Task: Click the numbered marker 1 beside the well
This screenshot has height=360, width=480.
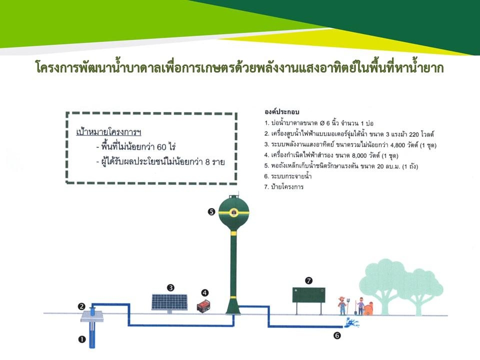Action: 81,339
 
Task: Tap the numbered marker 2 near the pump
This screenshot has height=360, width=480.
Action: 81,306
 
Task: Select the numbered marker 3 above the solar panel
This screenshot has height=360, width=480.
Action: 170,288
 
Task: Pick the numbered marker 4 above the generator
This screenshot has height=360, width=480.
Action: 205,293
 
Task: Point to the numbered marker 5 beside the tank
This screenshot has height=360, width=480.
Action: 211,211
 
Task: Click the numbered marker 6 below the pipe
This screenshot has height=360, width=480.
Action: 336,336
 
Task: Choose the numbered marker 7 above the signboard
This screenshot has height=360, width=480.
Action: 309,280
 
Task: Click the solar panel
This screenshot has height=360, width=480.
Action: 169,302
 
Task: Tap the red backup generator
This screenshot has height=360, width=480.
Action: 203,306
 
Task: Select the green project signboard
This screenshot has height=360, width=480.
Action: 308,295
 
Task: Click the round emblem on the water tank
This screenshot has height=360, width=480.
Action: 234,212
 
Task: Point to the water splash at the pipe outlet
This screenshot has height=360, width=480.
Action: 351,322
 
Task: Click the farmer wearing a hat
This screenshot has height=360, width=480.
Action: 342,305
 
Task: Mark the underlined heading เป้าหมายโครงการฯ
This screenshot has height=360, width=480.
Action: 108,132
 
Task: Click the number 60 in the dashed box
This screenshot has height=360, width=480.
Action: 161,147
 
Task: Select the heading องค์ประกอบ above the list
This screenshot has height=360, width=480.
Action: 281,111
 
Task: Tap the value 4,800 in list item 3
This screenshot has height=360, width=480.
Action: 397,145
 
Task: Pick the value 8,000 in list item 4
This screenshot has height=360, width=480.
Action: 359,155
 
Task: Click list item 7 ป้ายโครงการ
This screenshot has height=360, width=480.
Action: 284,186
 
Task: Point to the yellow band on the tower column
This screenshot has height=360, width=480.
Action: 234,233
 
